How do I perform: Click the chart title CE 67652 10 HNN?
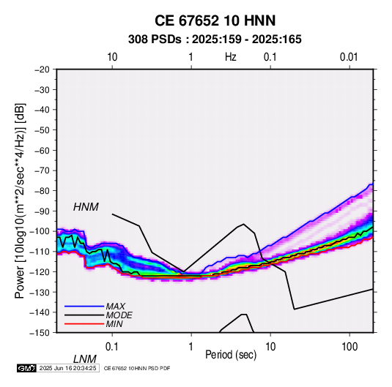click(x=215, y=20)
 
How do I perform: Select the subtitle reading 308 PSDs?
click(x=155, y=40)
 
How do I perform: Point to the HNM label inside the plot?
click(x=86, y=207)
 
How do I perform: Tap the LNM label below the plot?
click(x=85, y=359)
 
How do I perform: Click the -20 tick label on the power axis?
click(x=42, y=69)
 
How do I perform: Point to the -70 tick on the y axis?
click(x=42, y=170)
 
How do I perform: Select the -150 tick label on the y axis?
click(x=40, y=333)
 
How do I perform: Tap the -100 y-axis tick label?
click(x=40, y=231)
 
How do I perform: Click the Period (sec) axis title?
click(x=231, y=355)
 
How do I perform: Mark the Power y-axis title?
click(x=20, y=200)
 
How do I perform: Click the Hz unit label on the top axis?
click(x=231, y=57)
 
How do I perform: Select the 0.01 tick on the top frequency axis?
click(x=349, y=57)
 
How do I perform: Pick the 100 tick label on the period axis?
click(x=349, y=347)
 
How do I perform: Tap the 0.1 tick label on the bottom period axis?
click(x=112, y=347)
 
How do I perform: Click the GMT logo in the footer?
click(x=27, y=368)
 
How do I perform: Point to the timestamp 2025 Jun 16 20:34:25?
click(x=67, y=368)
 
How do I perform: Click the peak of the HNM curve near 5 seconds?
click(x=243, y=224)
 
